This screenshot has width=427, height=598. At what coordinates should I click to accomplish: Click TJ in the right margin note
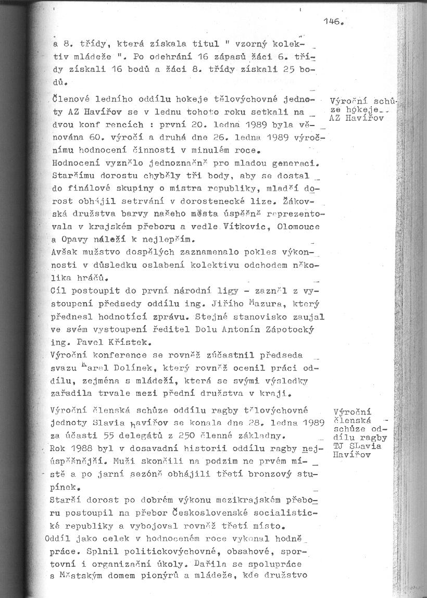click(338, 446)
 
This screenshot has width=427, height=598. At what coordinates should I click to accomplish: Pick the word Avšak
click(65, 252)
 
